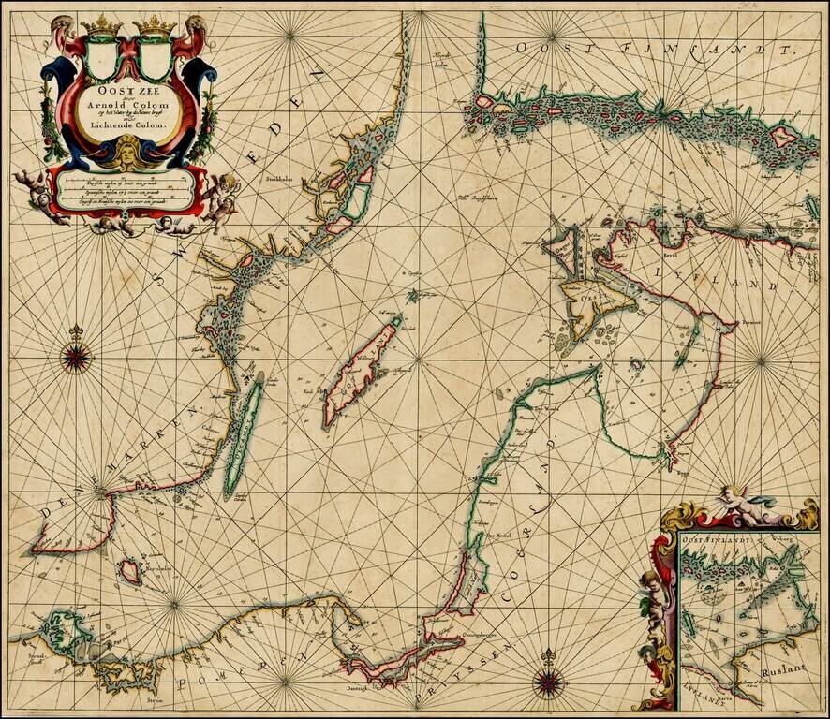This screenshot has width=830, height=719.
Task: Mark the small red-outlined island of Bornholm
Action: click(x=130, y=570)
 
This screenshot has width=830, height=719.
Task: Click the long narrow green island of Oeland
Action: click(x=243, y=436)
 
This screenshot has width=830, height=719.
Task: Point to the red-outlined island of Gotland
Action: click(x=359, y=371)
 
